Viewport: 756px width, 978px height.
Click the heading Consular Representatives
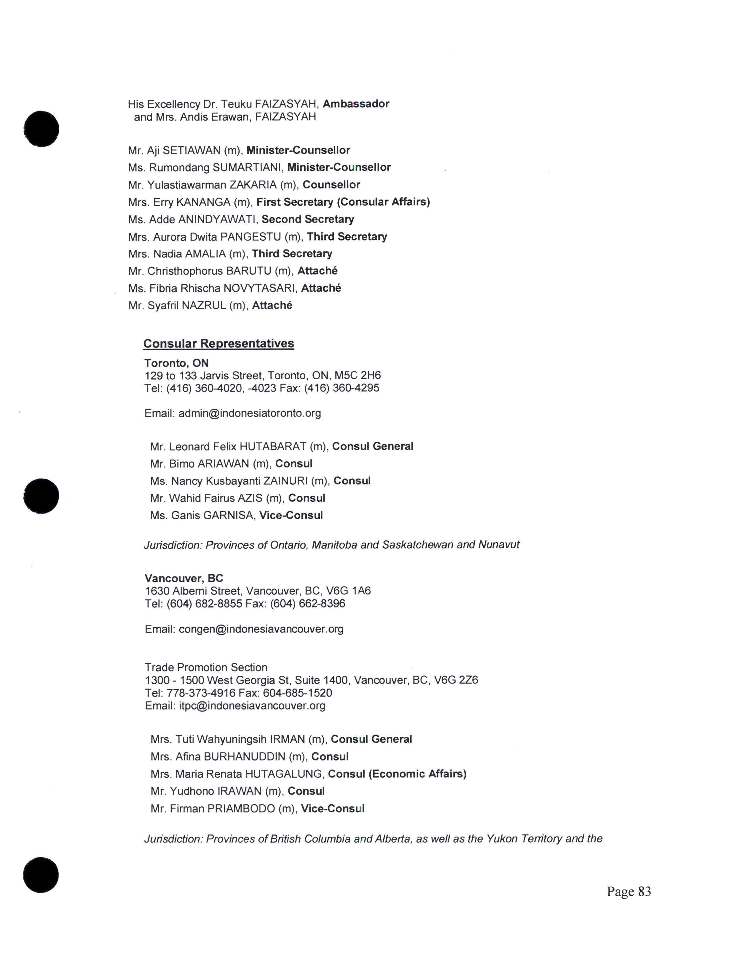pos(218,343)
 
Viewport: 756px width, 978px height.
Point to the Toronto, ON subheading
pos(176,363)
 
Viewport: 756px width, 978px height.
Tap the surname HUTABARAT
pos(273,446)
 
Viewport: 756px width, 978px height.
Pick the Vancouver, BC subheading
pos(184,578)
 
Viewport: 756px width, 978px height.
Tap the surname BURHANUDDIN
pos(245,757)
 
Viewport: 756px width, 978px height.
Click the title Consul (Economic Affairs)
pos(397,774)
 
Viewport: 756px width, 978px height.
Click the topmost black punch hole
pos(41,129)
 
